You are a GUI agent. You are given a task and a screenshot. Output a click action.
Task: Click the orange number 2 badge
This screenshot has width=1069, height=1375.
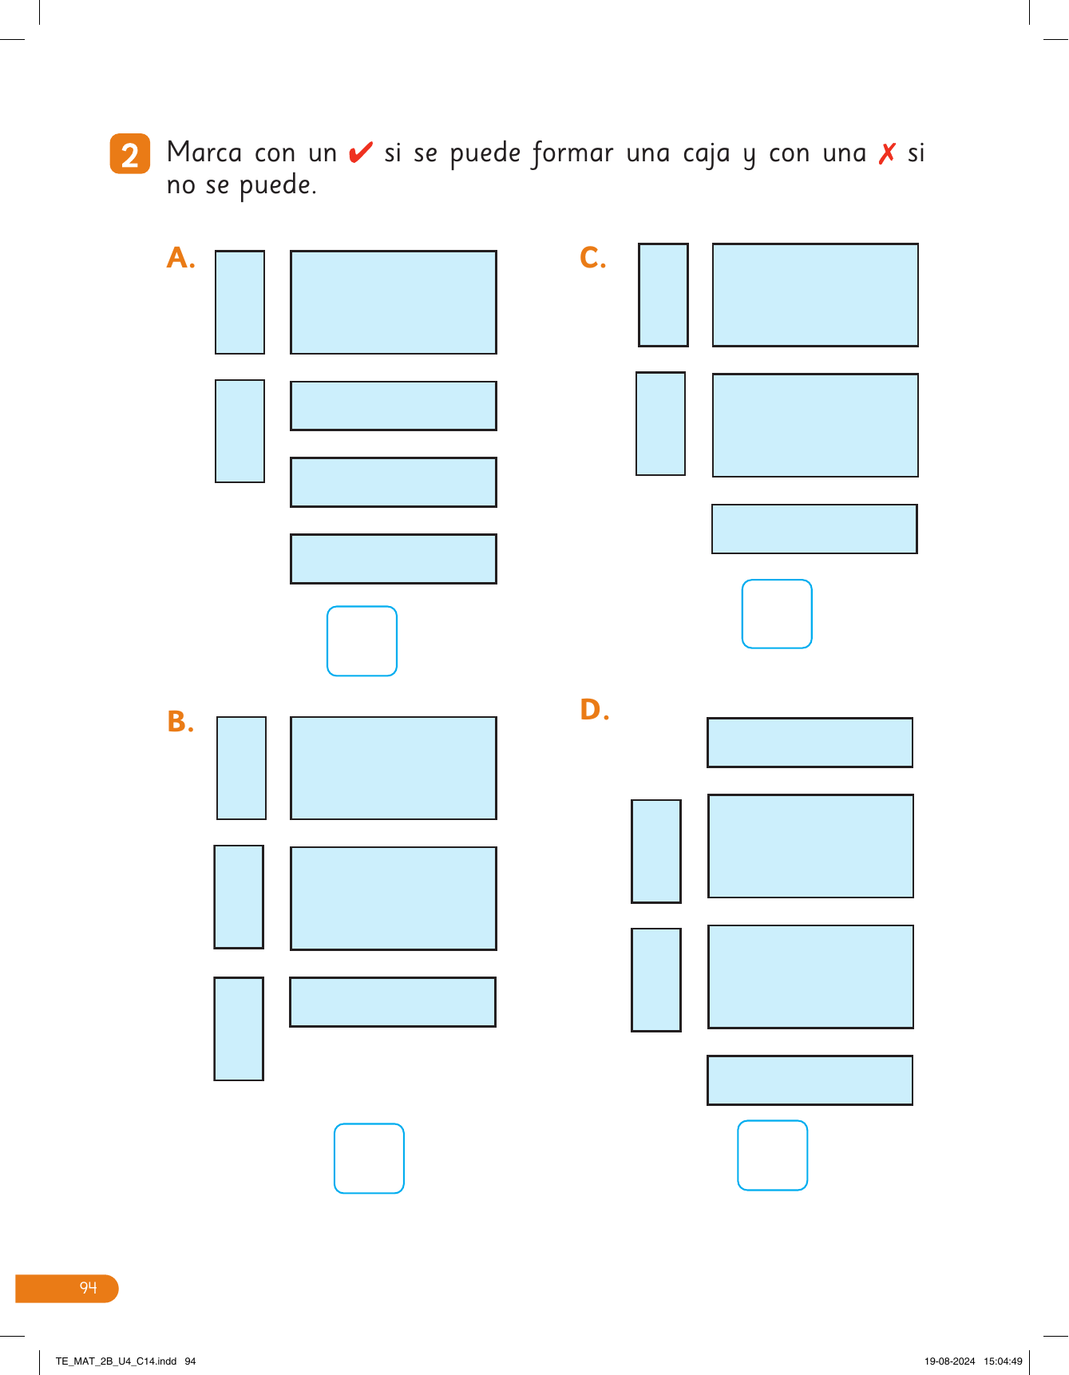pos(130,153)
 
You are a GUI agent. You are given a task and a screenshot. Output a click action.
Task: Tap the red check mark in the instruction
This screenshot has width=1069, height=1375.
pos(361,151)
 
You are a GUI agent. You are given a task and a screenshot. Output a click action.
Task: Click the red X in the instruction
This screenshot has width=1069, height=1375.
pos(887,153)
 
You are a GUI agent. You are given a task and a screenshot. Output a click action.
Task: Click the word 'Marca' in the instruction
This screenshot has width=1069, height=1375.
pos(204,152)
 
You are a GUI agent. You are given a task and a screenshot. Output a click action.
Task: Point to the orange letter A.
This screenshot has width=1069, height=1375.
pos(180,258)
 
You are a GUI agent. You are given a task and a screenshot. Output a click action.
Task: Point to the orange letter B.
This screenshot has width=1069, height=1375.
pos(180,722)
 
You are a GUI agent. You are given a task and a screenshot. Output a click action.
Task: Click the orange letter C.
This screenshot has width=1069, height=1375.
pos(592,257)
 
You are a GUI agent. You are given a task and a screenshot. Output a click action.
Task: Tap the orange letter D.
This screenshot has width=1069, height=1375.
pos(594,709)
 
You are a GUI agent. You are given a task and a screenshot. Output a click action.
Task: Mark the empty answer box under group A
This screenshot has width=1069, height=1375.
pos(362,641)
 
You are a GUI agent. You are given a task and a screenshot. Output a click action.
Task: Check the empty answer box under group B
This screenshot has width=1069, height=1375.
pos(369,1159)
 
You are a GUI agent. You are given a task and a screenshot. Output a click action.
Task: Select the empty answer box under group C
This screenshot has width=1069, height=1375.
pos(777,614)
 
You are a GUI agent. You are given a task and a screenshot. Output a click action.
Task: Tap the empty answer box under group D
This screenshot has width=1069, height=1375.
pos(773,1155)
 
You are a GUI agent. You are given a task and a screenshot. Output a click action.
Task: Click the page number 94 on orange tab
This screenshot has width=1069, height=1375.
pos(88,1287)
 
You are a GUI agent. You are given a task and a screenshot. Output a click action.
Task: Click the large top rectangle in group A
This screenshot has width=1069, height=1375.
pos(394,303)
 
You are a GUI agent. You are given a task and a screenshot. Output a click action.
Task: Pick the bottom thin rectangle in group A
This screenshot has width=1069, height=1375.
pos(394,559)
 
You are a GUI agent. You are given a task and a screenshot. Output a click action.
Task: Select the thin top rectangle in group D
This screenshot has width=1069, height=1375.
pos(810,743)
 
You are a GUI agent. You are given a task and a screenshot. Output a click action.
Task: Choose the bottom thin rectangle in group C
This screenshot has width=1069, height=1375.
pos(814,529)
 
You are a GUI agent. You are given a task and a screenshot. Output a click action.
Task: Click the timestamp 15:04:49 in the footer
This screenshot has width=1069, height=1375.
pos(1003,1361)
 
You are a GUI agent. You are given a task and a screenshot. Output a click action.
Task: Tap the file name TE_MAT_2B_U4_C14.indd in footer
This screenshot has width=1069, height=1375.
pos(117,1361)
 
